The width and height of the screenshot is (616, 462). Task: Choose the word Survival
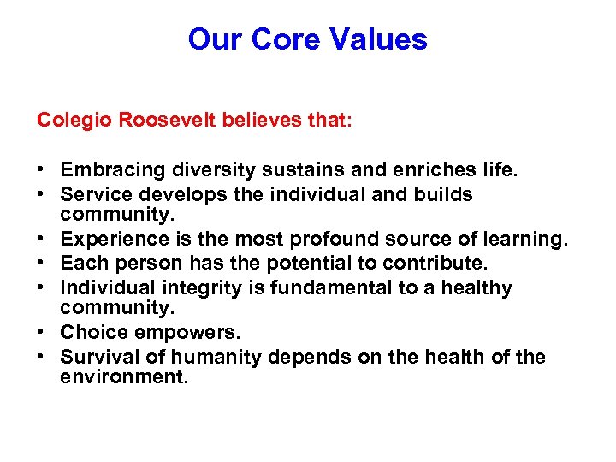pyautogui.click(x=97, y=357)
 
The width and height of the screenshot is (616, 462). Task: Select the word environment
pyautogui.click(x=123, y=376)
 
